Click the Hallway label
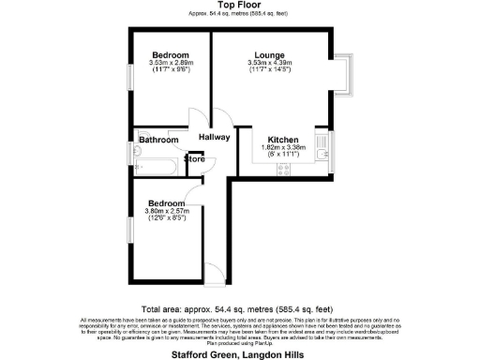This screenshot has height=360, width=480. coord(213,138)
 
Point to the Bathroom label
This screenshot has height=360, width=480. coord(159,141)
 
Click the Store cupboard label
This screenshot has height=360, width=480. coord(194,159)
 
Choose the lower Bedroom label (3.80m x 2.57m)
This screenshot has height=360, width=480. coord(167,203)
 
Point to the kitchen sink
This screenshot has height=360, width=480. coord(322,152)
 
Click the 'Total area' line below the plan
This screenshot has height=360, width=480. coord(240,308)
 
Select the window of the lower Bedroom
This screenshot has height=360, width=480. coord(130,231)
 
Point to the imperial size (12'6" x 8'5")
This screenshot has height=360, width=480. coord(167,218)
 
